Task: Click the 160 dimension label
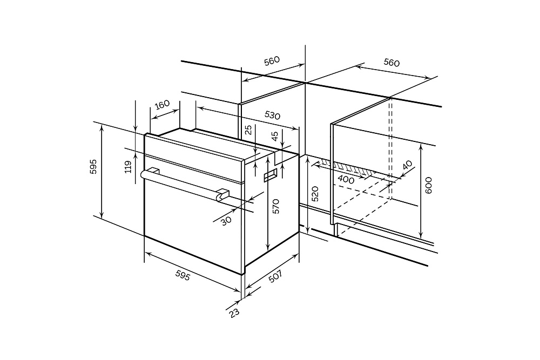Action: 162,104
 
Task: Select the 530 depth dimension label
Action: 272,116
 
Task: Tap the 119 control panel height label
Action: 128,167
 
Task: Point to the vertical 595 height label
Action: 93,167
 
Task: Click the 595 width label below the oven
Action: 183,275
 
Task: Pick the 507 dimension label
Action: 275,276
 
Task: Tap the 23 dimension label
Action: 234,313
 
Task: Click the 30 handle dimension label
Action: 226,221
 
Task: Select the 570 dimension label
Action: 276,207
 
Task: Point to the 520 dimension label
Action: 314,193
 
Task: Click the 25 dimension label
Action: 248,130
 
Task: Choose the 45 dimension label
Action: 274,137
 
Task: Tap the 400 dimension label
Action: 346,179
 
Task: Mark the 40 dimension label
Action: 407,165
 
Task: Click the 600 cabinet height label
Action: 428,185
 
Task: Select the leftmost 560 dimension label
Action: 272,61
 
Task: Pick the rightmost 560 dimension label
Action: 391,63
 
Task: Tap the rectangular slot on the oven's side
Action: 271,175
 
